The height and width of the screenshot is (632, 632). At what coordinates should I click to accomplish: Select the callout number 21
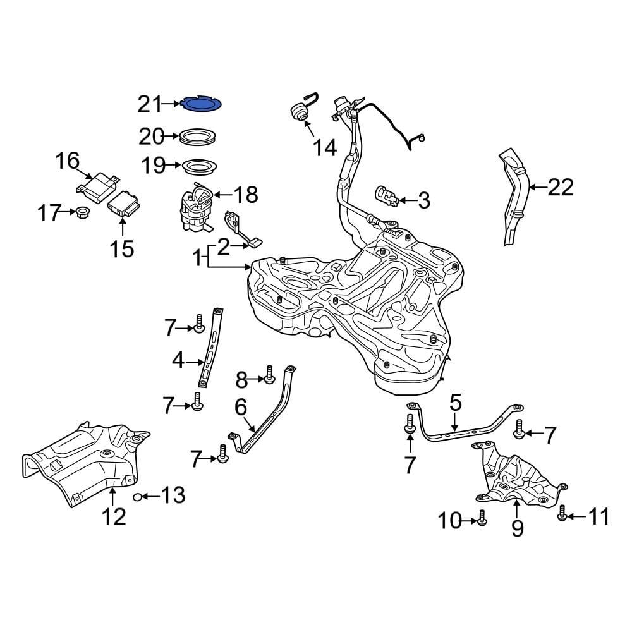click(150, 104)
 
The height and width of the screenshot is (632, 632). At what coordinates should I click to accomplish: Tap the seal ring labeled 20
click(198, 136)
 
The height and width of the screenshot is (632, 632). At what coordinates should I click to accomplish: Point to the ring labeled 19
click(198, 167)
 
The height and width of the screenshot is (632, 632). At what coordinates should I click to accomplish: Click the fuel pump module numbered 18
click(197, 209)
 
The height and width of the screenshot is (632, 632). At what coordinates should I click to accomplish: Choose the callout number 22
click(560, 187)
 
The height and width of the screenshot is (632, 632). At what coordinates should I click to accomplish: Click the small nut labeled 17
click(81, 214)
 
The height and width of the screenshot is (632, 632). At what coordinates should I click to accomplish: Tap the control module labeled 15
click(123, 204)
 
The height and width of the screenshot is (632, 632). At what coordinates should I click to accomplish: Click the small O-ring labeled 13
click(137, 497)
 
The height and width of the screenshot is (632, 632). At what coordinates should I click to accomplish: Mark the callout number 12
click(114, 517)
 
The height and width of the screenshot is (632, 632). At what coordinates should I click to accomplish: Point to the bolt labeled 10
click(482, 518)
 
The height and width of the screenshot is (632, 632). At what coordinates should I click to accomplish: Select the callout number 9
click(518, 527)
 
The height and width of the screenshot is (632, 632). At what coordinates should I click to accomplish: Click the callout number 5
click(456, 403)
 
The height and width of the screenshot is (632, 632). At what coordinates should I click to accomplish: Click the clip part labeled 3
click(387, 196)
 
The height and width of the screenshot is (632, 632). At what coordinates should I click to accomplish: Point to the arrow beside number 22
click(536, 187)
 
